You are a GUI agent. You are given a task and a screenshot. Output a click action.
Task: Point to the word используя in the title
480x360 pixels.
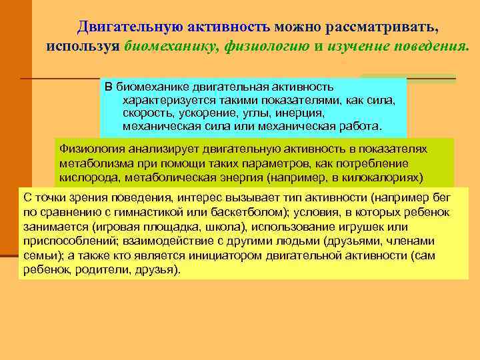(83, 46)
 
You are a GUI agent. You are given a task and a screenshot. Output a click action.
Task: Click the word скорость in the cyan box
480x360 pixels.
(145, 113)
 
